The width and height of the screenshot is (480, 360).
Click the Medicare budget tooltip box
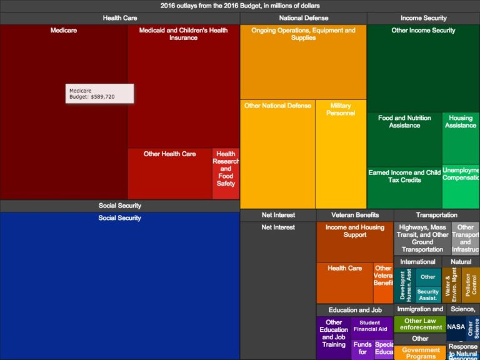99,94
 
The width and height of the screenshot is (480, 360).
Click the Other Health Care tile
169,173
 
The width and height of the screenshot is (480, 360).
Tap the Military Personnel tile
341,153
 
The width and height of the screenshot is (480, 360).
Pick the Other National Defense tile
277,153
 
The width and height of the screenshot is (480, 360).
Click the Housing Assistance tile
461,138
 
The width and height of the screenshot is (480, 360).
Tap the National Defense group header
303,18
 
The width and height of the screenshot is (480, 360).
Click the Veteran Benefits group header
355,215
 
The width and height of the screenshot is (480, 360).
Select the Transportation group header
436,215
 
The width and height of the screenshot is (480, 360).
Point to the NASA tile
456,327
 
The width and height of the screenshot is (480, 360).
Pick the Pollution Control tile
470,285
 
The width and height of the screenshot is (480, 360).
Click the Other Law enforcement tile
420,324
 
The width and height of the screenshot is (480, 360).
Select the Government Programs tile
420,353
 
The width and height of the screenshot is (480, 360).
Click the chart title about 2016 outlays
240,6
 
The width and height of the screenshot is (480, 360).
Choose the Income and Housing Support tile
355,241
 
